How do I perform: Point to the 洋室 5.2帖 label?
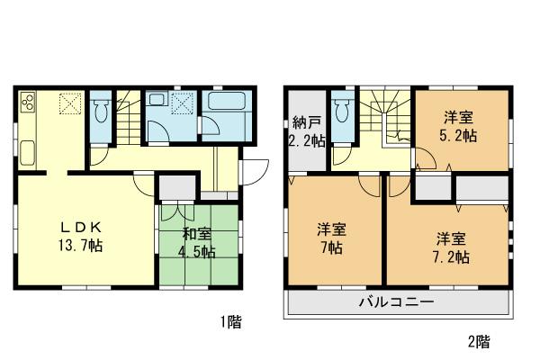[458, 125]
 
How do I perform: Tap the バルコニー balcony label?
[396, 301]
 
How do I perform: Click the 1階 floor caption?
[228, 320]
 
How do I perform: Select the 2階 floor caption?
[478, 342]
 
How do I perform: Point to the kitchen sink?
[24, 151]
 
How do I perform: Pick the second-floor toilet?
[340, 113]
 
